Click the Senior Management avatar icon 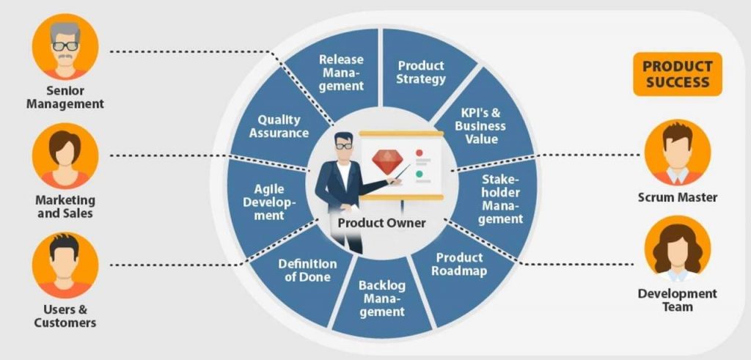(x=65, y=46)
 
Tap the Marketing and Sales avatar (x=65, y=155)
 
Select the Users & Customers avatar (x=65, y=265)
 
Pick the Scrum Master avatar (x=677, y=153)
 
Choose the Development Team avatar (x=677, y=249)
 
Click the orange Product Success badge (x=677, y=74)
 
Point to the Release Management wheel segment (x=340, y=72)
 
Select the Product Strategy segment (x=422, y=72)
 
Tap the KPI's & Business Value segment (x=481, y=125)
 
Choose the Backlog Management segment (x=381, y=298)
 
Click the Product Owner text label (x=381, y=223)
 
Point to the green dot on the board (x=419, y=174)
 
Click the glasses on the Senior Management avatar (x=65, y=46)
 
